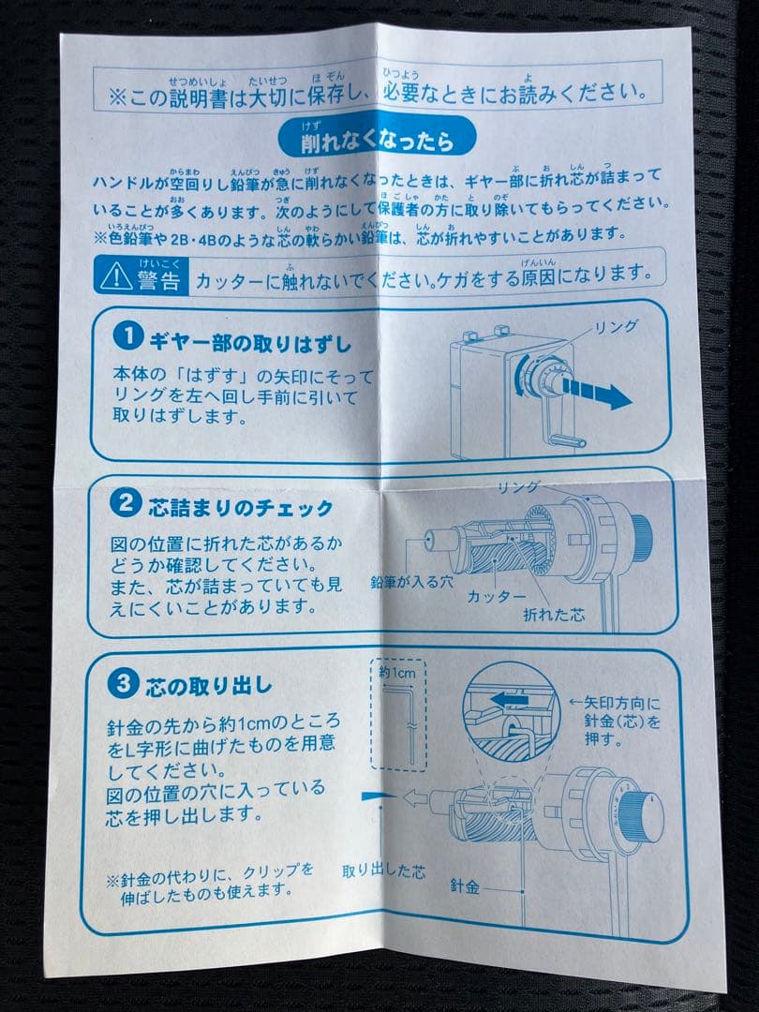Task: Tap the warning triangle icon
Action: pos(117,275)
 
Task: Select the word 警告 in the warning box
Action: pos(158,278)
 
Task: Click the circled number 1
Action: pos(126,335)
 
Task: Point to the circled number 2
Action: pos(124,505)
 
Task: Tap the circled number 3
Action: pos(119,683)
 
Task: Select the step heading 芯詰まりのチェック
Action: pos(240,508)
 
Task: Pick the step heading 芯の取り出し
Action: pos(208,685)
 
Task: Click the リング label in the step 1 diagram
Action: pos(617,325)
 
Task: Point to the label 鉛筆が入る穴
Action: pos(411,581)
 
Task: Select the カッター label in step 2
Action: pos(497,596)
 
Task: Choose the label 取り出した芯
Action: pos(383,871)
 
